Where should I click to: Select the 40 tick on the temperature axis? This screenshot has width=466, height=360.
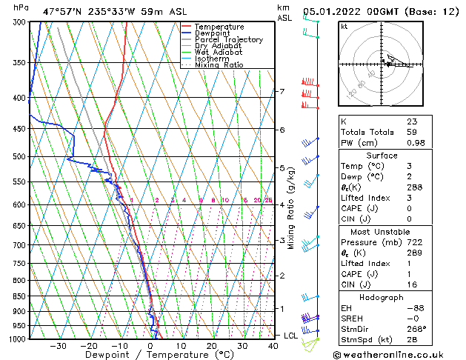[273, 345]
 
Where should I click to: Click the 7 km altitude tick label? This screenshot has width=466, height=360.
[281, 92]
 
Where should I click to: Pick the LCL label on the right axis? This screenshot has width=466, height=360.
[291, 336]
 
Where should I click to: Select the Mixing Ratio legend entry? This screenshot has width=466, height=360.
[219, 65]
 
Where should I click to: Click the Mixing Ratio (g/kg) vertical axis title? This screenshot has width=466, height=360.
[291, 208]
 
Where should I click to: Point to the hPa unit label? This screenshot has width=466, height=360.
[22, 7]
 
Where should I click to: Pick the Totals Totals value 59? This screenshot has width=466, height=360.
[412, 132]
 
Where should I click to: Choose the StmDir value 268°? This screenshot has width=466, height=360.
[416, 329]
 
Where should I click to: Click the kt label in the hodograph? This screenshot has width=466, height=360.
[344, 26]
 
